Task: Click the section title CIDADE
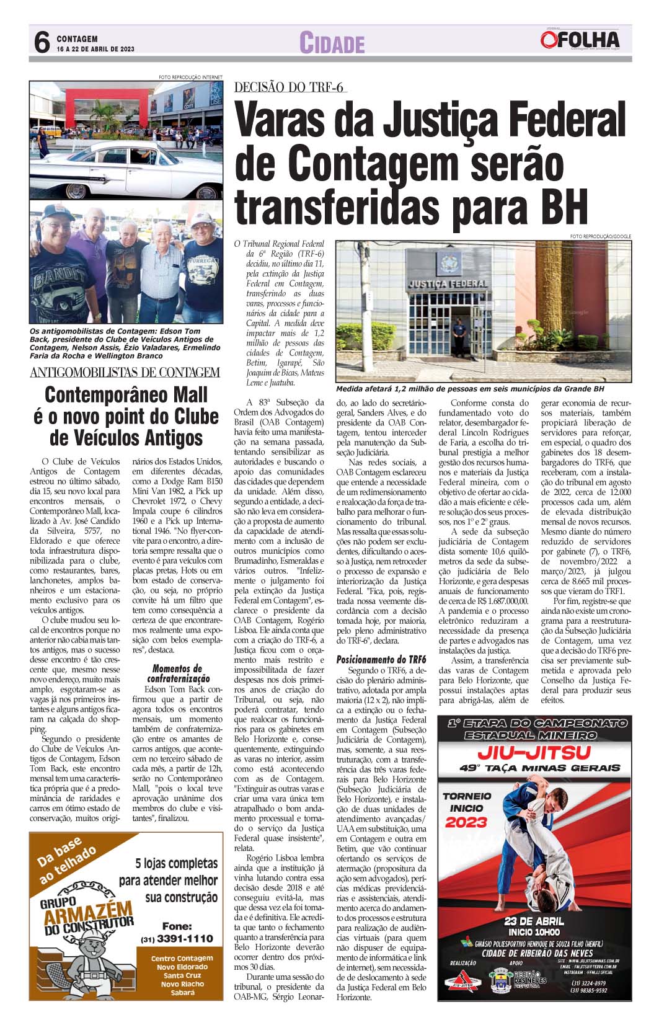[332, 43]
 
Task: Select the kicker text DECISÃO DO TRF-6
[289, 87]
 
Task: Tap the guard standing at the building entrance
[457, 336]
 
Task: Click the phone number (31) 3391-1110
[177, 939]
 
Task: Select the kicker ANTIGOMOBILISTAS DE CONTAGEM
[125, 372]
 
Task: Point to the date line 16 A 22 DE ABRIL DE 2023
[95, 49]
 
